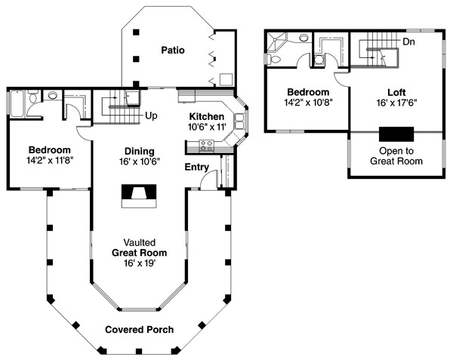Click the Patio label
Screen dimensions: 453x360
pos(173,51)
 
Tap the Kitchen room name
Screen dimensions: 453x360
pos(207,117)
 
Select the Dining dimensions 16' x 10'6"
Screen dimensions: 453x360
pos(140,162)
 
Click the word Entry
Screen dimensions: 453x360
pos(197,167)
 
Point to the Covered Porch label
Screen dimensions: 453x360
pos(139,330)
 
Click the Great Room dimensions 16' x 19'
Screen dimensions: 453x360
pos(140,263)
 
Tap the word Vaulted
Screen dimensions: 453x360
pos(140,242)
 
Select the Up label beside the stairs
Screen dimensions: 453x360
pos(151,116)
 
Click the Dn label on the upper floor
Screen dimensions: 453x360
pos(408,42)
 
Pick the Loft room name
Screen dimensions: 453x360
pos(396,92)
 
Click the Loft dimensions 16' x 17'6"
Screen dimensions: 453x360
pos(396,103)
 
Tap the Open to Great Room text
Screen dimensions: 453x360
pos(396,156)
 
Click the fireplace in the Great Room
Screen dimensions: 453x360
pos(139,196)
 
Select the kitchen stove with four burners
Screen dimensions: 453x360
pos(207,145)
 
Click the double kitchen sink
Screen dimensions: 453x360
pos(240,122)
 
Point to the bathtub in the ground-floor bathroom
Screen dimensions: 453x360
pos(17,103)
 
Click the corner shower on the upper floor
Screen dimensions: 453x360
pos(276,42)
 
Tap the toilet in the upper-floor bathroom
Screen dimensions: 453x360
pos(273,59)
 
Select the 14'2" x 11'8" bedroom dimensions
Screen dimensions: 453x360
pos(49,161)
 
